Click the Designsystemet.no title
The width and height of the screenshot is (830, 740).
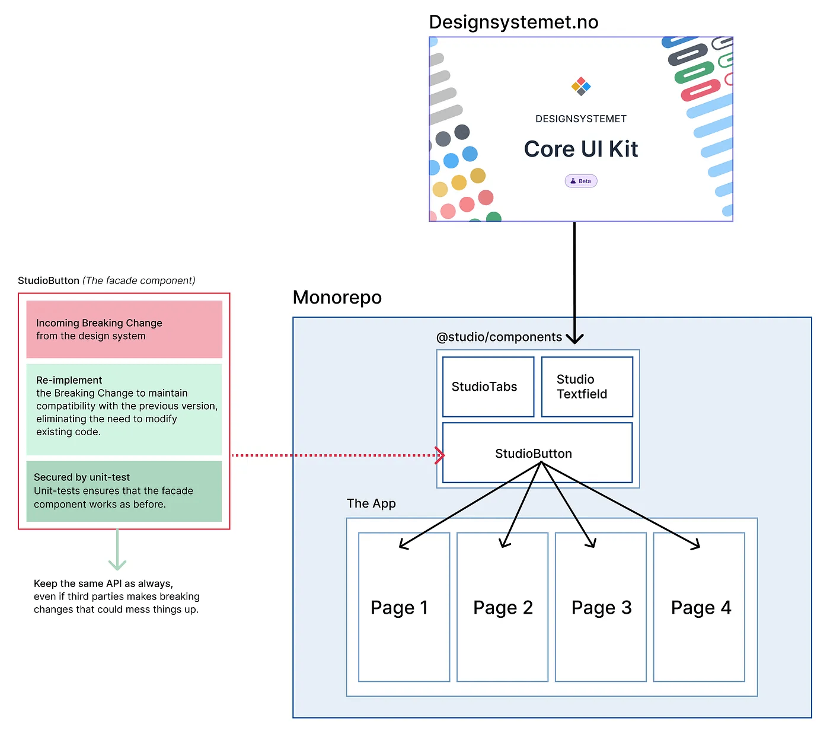513,22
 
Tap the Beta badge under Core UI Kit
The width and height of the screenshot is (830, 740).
581,181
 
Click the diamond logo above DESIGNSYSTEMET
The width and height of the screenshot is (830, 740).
581,87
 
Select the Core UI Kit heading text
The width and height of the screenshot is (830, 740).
581,149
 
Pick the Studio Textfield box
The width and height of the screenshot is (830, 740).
587,387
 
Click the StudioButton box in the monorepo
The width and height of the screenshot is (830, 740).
537,453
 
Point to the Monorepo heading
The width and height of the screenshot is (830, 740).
337,297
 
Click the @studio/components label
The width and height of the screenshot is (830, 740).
499,337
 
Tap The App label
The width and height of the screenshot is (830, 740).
371,503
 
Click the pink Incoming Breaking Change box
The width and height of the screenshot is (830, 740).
124,329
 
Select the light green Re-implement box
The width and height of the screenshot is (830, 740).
124,409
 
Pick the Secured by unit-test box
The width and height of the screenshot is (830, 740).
124,491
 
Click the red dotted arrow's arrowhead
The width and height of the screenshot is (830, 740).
440,455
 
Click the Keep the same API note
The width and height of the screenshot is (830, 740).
116,597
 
